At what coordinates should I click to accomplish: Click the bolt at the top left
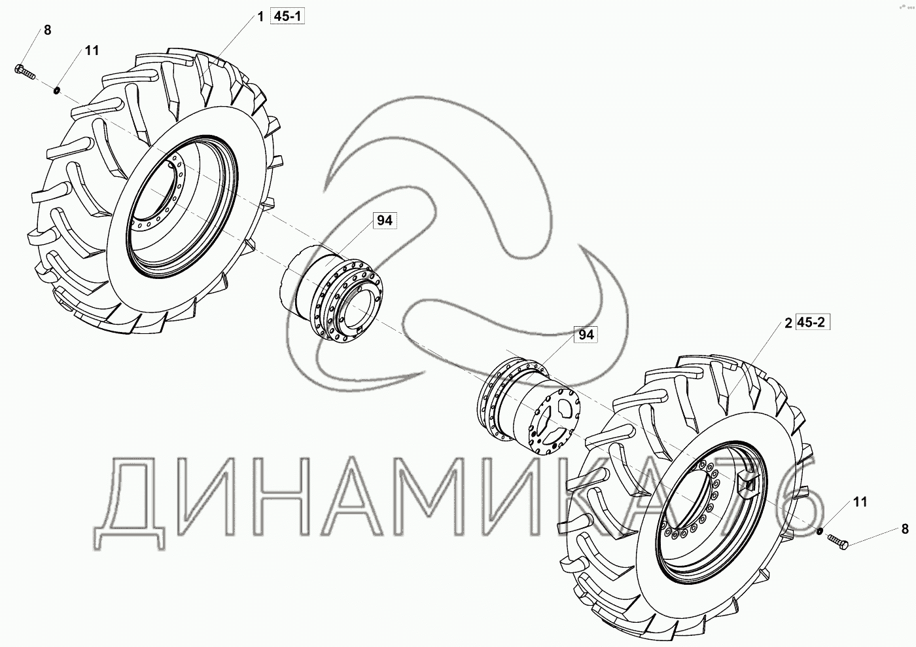(25, 71)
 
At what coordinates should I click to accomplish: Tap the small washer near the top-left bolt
(57, 90)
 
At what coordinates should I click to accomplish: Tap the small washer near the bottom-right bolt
(819, 531)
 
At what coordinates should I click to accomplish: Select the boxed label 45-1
(287, 16)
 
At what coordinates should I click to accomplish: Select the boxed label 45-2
(811, 322)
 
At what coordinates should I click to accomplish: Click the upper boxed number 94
(385, 221)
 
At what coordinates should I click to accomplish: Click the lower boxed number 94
(586, 335)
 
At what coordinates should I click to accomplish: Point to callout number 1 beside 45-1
(260, 17)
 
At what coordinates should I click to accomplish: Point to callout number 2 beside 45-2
(788, 323)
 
